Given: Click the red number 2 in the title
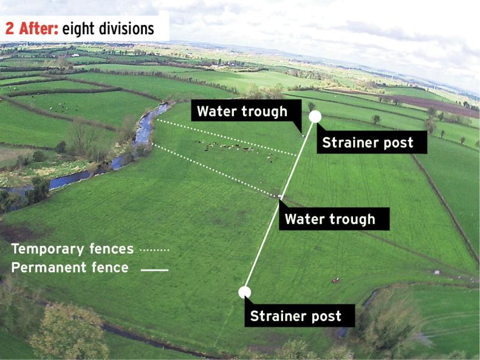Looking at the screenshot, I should point(10,29).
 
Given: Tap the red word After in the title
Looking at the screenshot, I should point(38,29).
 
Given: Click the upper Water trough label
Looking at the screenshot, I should point(242,111).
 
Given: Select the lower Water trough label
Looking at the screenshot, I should point(330,219).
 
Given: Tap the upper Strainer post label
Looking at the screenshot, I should point(367,143).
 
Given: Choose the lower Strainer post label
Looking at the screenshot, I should point(296,316).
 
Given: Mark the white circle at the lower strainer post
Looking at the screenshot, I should point(244,292).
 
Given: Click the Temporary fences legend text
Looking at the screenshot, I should point(72,249).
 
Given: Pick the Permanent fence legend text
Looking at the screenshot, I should point(70,267).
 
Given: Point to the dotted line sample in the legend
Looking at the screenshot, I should point(154,250).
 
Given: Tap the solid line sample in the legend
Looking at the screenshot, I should point(154,268).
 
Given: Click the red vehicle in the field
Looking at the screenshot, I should point(334,280).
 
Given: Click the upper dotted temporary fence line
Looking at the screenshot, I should point(225,136).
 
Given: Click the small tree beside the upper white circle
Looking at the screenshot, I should point(311,106).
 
